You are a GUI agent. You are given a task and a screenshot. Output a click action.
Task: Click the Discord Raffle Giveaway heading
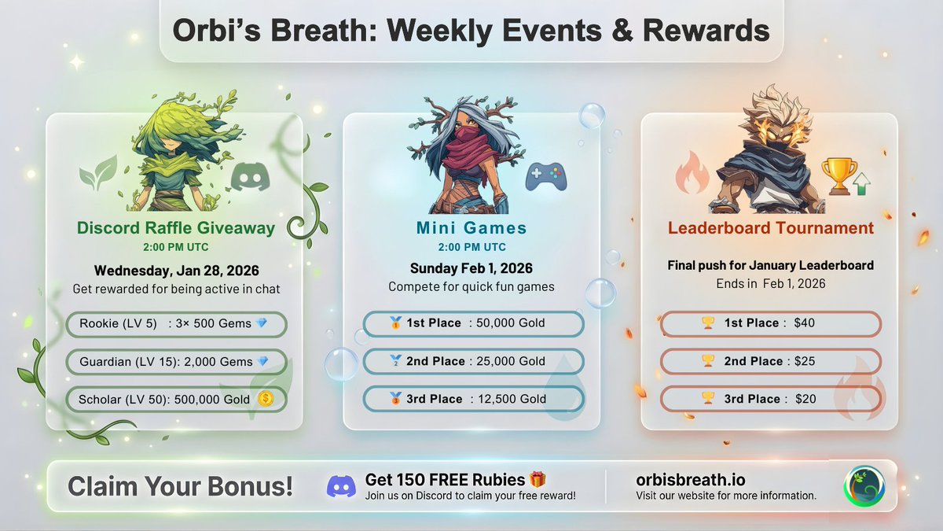coord(175,229)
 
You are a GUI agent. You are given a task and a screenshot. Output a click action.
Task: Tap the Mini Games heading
coord(472,229)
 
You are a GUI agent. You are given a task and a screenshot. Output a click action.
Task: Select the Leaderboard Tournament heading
coord(770,229)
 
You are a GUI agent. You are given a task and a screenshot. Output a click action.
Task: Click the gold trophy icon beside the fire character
coord(838,175)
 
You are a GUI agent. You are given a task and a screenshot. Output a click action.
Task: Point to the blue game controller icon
coord(545,177)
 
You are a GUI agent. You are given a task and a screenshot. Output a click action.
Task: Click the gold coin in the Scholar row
coord(265,399)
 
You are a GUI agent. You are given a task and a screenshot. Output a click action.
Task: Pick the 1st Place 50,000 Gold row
coord(473,323)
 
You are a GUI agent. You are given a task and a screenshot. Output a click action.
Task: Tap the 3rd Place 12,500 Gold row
coord(473,399)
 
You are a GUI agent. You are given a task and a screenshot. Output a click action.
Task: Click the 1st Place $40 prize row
coord(770,323)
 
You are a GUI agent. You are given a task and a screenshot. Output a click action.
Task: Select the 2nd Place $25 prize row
coord(770,361)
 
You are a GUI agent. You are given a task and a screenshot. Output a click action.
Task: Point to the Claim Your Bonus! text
coord(180,486)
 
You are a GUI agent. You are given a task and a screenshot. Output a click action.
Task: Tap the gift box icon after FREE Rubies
coord(538,479)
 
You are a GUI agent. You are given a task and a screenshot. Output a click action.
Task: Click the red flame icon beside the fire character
coord(692,173)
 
